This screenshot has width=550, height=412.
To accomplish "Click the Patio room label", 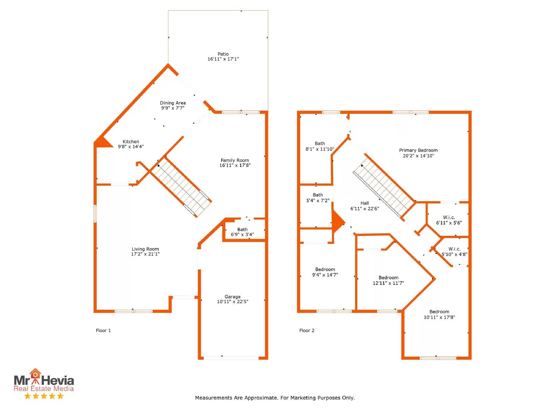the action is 223,54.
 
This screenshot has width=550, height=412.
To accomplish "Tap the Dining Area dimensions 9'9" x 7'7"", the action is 173,108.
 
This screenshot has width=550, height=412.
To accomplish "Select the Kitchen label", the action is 131,141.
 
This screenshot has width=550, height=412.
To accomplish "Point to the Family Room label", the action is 234,160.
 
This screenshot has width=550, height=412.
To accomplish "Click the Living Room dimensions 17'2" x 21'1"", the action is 145,254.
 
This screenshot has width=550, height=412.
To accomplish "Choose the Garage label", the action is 232,297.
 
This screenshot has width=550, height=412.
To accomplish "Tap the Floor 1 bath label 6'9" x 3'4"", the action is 242,234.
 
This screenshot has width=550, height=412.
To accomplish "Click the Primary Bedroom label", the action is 418,150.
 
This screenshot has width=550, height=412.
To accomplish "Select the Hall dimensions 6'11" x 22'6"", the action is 364,208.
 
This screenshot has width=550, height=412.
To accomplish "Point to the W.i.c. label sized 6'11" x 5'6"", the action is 449,217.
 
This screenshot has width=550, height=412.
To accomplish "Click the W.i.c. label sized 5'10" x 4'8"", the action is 454,249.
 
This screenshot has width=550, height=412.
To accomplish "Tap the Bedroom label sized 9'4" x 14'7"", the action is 325,270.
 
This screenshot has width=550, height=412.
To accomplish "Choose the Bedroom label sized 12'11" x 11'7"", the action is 388,278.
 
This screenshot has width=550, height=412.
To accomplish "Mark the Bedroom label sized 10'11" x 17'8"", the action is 439,312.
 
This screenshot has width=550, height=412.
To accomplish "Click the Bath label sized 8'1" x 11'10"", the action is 319,144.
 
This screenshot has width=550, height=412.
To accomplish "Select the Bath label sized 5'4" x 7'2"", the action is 318,195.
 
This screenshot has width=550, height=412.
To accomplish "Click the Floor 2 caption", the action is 306,330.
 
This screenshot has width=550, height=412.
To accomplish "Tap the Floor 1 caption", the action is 103,330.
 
